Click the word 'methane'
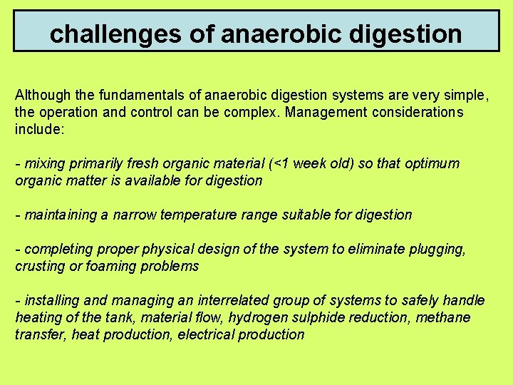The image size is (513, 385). (445, 317)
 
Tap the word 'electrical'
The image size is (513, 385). (209, 334)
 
